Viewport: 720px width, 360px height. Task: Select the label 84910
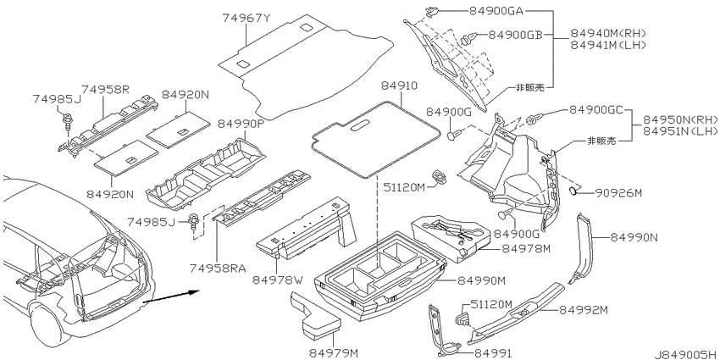click(x=400, y=86)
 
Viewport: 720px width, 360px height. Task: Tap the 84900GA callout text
click(x=496, y=11)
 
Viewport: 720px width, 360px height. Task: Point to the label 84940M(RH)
click(x=608, y=33)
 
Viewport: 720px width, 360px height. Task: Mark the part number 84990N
click(x=634, y=237)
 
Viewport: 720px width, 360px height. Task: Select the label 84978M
click(x=526, y=248)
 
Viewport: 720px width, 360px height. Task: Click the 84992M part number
click(x=583, y=310)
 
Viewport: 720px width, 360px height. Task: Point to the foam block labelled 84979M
click(x=314, y=318)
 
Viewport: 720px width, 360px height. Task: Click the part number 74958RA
click(x=216, y=267)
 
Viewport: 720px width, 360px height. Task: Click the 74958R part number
click(x=106, y=89)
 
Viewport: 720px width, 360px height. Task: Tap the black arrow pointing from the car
click(x=171, y=296)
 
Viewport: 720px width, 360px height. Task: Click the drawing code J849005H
click(x=685, y=354)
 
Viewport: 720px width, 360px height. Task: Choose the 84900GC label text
click(x=596, y=110)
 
